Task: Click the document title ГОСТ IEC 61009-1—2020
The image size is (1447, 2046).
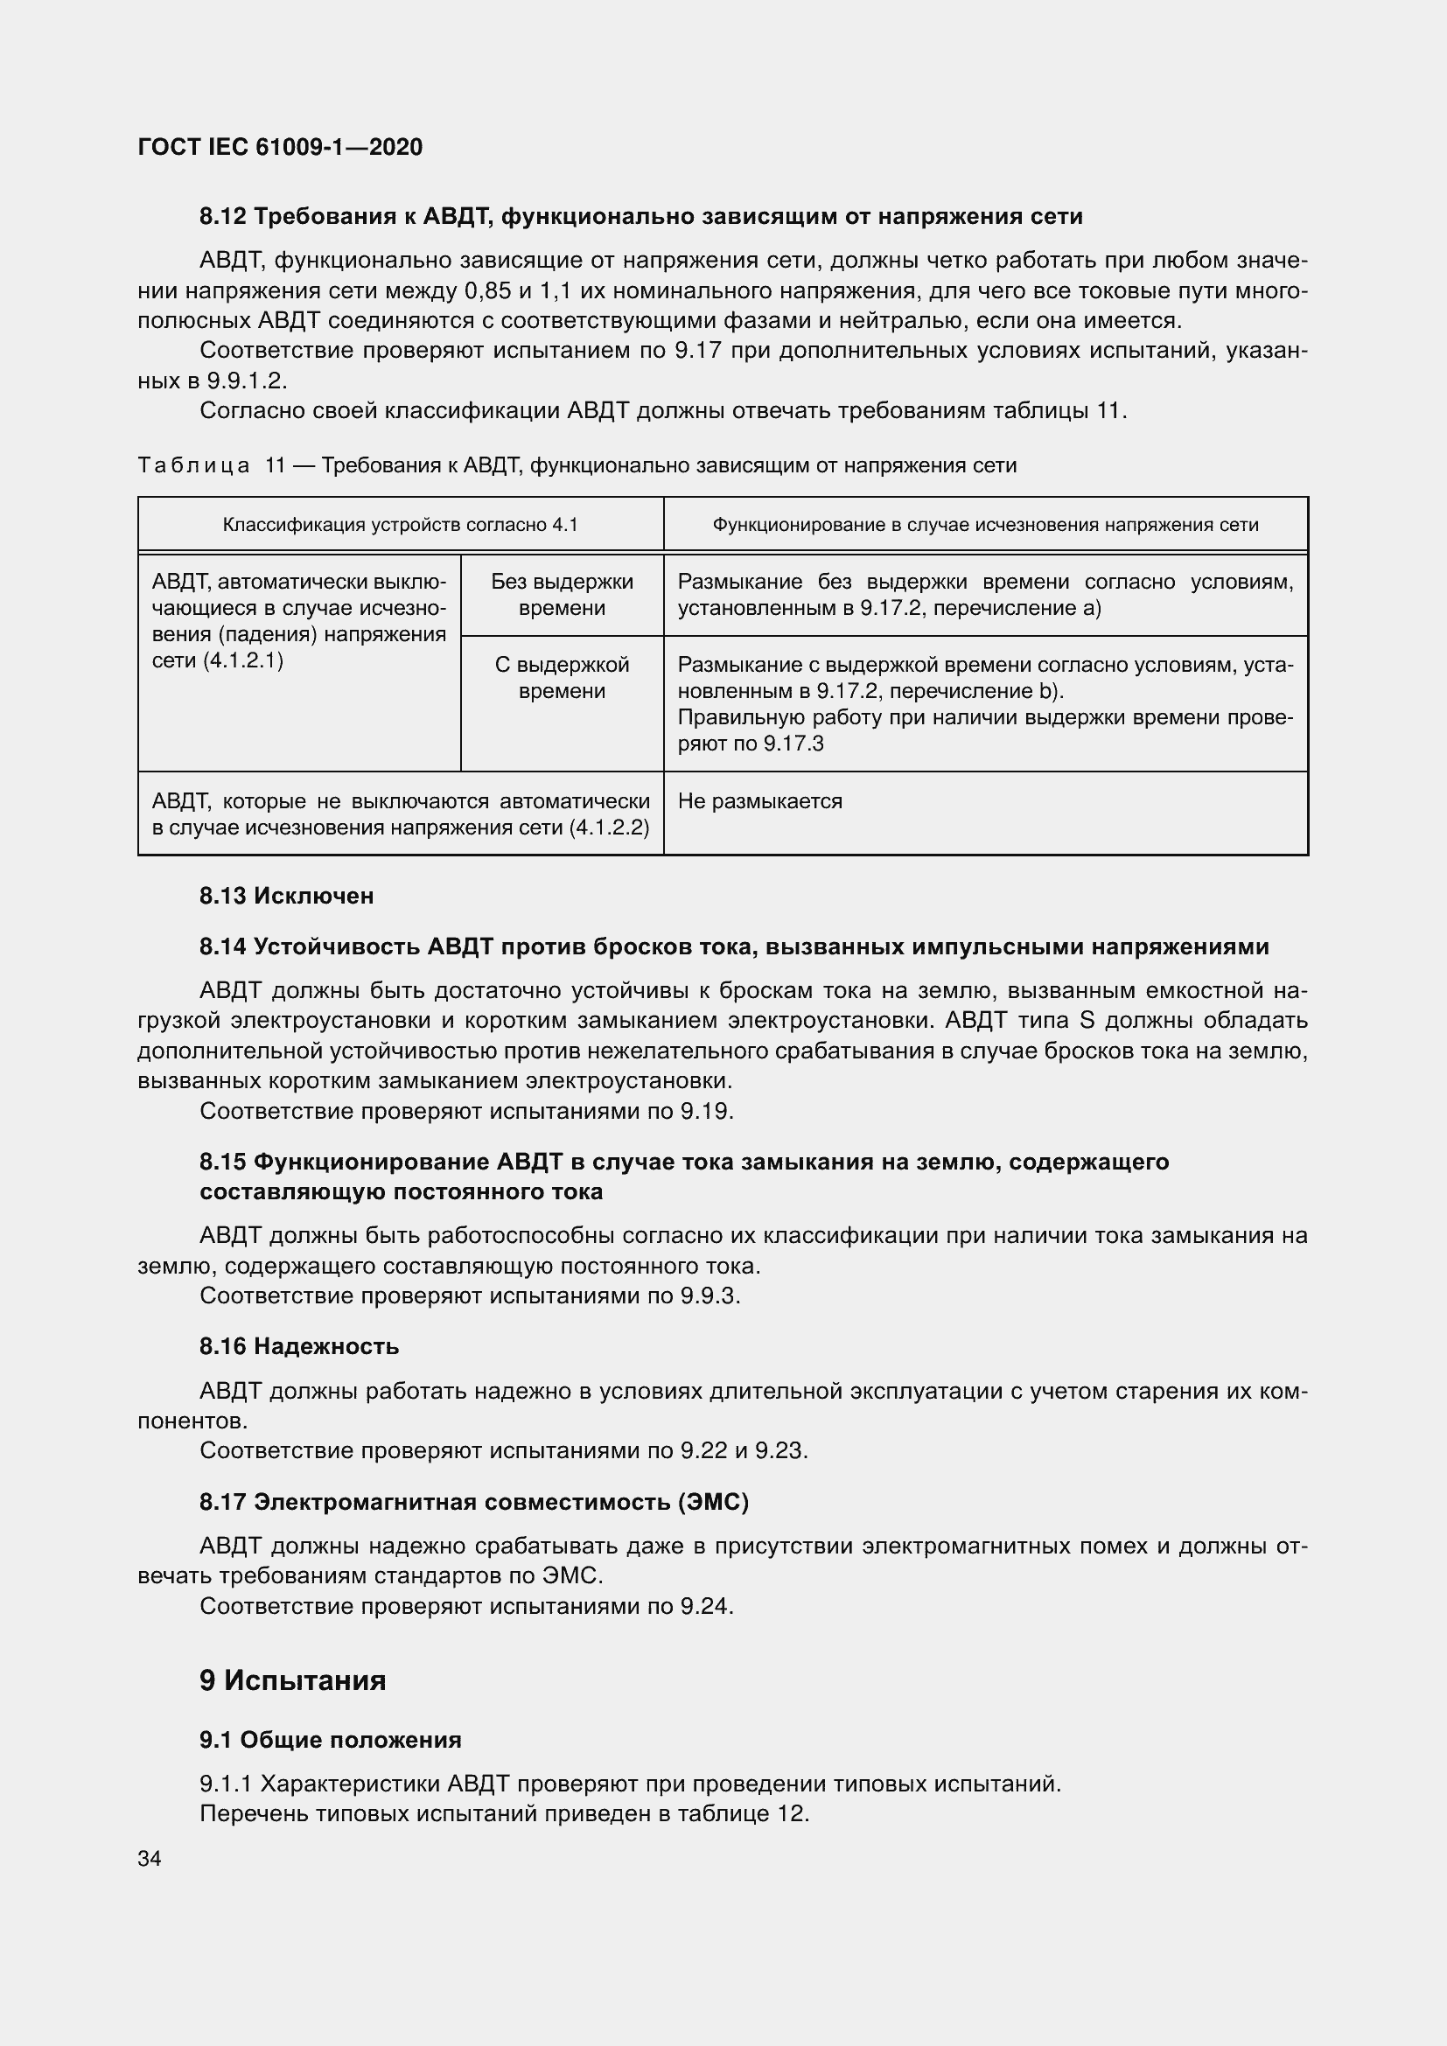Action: point(280,147)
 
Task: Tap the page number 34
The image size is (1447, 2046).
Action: point(150,1858)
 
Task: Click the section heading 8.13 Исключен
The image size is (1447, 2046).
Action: point(286,896)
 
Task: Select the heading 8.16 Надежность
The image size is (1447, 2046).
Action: point(298,1345)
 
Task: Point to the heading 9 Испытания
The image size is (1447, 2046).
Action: point(292,1680)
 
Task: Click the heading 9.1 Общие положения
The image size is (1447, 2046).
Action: point(330,1740)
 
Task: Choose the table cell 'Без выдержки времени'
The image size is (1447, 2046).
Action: point(562,594)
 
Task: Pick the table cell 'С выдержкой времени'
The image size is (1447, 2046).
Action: point(562,677)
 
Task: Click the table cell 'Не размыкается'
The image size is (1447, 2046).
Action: point(759,801)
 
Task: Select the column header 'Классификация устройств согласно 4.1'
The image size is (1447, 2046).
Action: point(400,525)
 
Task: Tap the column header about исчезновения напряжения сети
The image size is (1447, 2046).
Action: point(984,525)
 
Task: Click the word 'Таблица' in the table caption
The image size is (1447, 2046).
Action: point(193,465)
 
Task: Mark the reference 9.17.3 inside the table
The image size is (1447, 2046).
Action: point(793,744)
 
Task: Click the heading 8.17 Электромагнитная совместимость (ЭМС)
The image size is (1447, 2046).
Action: point(473,1503)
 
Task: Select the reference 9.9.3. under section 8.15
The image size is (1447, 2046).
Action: point(710,1295)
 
